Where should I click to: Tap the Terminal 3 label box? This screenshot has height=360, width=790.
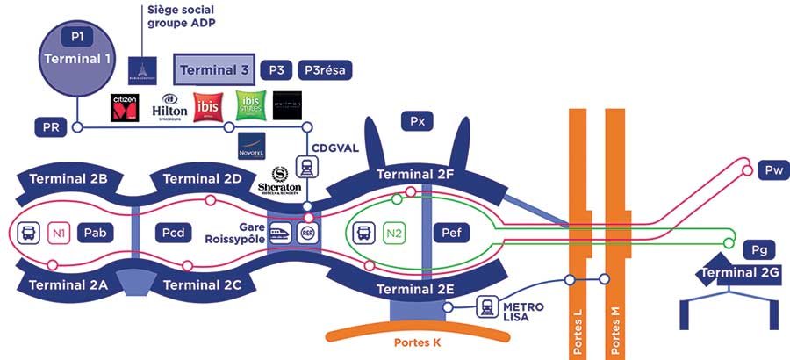click(x=215, y=68)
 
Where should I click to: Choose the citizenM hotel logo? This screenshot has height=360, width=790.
click(x=125, y=107)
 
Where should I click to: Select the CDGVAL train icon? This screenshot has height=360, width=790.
click(x=308, y=167)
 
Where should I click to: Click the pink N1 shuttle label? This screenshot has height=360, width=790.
click(x=59, y=233)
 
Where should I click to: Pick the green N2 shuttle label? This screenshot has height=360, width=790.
click(x=394, y=233)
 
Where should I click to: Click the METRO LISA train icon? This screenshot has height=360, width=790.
click(x=488, y=306)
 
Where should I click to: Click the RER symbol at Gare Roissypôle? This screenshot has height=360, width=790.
click(x=308, y=232)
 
